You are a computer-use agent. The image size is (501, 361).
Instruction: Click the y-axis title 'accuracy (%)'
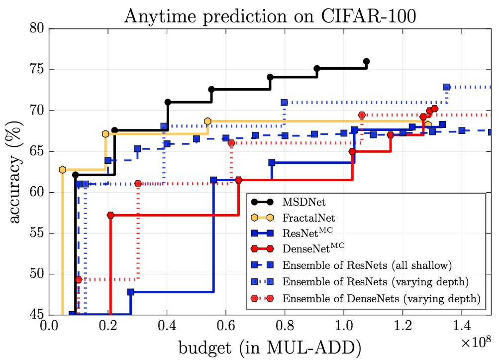click(x=15, y=172)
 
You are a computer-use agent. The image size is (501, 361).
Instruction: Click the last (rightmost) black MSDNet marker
click(x=366, y=61)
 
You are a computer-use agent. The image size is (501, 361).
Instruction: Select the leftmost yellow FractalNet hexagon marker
click(x=62, y=170)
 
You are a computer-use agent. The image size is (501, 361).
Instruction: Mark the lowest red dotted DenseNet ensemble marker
click(x=78, y=279)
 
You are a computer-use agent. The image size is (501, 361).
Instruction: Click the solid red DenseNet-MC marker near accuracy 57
click(x=110, y=215)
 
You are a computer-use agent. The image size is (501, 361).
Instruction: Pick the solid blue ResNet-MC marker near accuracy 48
click(x=131, y=292)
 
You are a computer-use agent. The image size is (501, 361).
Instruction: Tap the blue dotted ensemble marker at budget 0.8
click(x=284, y=103)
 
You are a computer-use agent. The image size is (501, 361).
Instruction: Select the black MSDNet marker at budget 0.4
click(x=168, y=102)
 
